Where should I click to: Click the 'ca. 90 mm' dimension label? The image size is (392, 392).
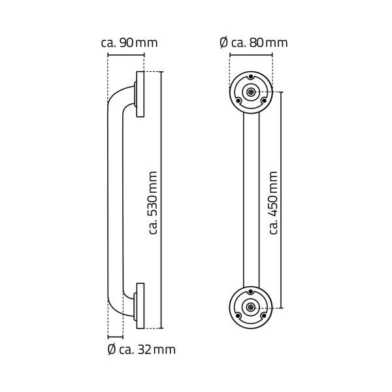point(129,42)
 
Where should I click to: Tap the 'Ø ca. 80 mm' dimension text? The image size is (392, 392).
point(253,42)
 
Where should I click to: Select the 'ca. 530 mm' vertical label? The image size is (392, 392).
point(153,202)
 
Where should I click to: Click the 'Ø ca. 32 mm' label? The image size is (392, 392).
point(141,350)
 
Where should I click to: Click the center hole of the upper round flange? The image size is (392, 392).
point(252,93)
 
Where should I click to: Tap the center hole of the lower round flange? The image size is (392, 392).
point(252,307)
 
